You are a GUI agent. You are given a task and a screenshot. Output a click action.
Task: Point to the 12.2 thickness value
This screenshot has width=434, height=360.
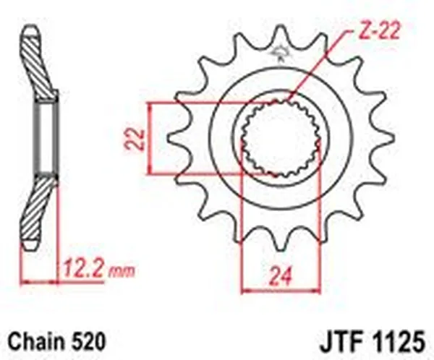tap(84, 271)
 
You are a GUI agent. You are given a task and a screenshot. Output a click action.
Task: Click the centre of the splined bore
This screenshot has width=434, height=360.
tap(280, 138)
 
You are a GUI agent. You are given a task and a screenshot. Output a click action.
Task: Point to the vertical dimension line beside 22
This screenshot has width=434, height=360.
tap(150, 137)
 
